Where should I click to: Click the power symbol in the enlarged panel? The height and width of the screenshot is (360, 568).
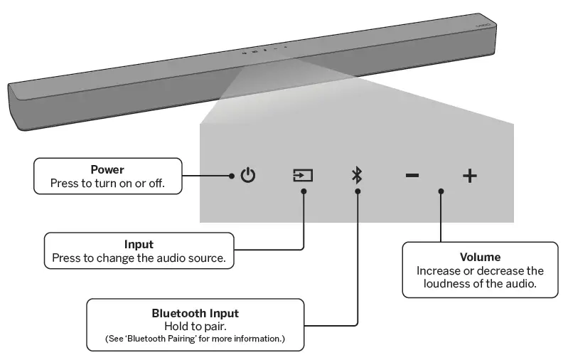(247, 175)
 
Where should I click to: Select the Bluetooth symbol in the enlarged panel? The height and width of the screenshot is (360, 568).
(357, 175)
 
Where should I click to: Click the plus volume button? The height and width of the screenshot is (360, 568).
(470, 176)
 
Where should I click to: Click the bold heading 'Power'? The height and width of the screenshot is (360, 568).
(107, 170)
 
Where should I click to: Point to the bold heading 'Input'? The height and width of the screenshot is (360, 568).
(139, 245)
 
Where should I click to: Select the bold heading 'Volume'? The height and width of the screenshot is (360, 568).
(480, 257)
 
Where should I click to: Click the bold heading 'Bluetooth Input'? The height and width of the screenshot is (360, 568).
(195, 313)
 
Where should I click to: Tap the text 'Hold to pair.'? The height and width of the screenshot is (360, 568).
(195, 325)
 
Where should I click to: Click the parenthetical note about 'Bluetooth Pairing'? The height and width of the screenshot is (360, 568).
(195, 338)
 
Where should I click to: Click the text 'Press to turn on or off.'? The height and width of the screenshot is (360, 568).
(107, 183)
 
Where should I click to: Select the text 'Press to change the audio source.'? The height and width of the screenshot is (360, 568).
(139, 258)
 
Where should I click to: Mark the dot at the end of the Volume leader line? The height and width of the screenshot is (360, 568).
(441, 191)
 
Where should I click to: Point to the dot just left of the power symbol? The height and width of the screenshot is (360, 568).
(232, 175)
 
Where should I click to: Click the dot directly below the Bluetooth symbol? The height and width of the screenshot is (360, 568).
(357, 191)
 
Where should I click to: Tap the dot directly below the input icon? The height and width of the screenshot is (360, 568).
(304, 191)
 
